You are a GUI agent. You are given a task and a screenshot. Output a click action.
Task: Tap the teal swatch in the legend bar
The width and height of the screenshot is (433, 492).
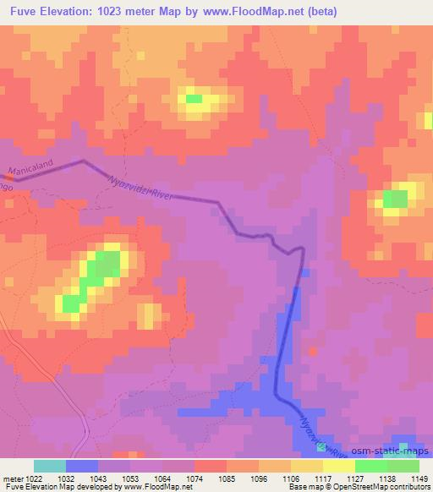point(50,466)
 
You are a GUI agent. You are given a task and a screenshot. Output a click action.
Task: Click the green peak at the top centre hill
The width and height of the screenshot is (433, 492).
point(195,99)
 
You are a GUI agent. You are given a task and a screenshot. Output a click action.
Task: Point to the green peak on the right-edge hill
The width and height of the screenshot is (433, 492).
point(394,200)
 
